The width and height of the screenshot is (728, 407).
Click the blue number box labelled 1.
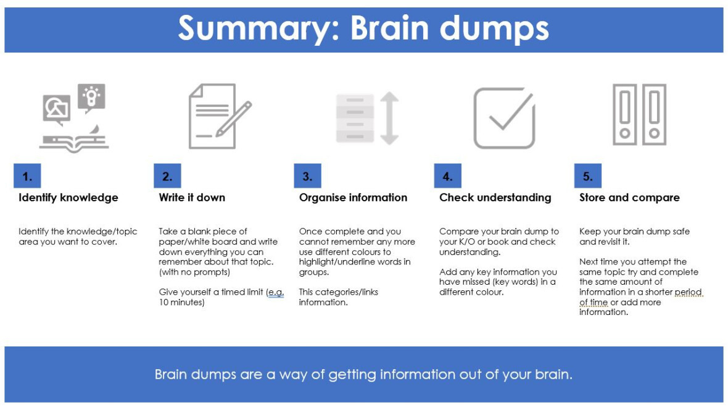[x=27, y=176]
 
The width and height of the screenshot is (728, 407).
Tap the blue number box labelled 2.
[x=167, y=176]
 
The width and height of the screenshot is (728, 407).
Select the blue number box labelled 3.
[x=307, y=176]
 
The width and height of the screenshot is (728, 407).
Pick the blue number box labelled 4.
[x=447, y=176]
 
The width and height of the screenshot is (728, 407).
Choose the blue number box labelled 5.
[x=587, y=176]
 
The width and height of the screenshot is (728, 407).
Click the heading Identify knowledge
[x=68, y=198]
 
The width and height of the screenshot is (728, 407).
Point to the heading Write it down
[x=192, y=198]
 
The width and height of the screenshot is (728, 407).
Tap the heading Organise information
[x=353, y=198]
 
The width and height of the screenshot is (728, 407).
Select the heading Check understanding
[x=495, y=198]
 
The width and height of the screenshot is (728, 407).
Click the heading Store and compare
[x=629, y=198]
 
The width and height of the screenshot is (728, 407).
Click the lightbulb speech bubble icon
[x=92, y=98]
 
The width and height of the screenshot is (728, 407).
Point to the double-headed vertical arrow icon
[x=389, y=118]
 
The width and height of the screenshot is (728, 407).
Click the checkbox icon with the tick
[x=503, y=118]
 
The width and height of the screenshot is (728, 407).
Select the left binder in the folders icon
[x=624, y=115]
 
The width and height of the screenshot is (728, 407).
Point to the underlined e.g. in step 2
[x=275, y=293]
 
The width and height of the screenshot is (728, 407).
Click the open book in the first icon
[x=73, y=144]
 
